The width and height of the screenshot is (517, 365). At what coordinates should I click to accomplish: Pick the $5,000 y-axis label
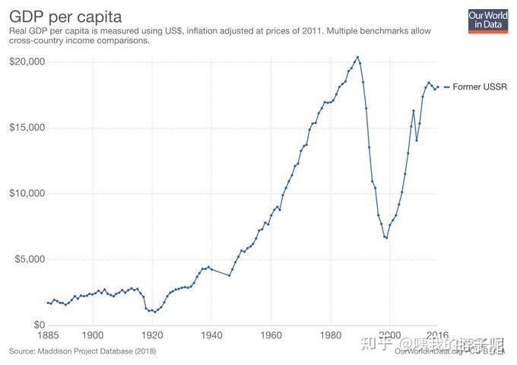tap(28, 259)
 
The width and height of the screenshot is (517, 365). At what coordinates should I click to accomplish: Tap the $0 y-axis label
tap(36, 325)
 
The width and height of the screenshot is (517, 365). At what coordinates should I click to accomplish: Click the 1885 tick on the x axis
tap(49, 335)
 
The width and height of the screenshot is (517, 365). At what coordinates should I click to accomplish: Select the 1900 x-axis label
tap(93, 335)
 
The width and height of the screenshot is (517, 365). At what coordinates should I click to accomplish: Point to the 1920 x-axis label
tap(152, 335)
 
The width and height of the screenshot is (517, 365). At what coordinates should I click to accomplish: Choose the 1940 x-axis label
tap(211, 335)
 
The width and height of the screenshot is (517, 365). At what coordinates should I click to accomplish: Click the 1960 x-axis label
tap(271, 335)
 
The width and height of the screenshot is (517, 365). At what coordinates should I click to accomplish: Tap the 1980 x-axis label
tap(330, 335)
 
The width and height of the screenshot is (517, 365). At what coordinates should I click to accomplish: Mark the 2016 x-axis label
tap(436, 335)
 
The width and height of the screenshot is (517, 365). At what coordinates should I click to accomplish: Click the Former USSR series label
tap(477, 87)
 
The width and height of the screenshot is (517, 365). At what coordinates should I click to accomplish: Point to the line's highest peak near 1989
tap(357, 56)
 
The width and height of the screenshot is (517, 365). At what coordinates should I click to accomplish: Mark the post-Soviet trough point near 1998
tap(387, 238)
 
